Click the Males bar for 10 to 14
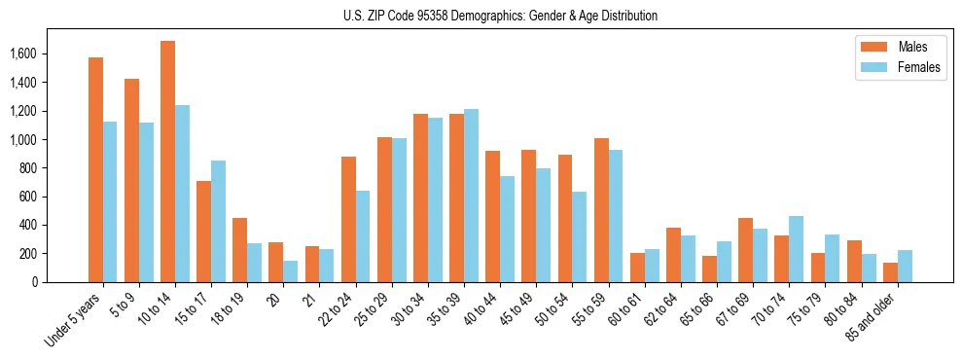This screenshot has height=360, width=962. (167, 162)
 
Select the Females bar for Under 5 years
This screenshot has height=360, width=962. (110, 201)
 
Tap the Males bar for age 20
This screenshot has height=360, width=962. (276, 262)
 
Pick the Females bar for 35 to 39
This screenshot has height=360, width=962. (472, 196)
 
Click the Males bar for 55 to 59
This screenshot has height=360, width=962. (601, 210)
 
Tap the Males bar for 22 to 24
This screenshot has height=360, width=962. (348, 219)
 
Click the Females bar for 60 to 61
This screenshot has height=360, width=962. (652, 266)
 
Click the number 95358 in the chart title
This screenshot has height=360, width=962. (433, 16)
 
